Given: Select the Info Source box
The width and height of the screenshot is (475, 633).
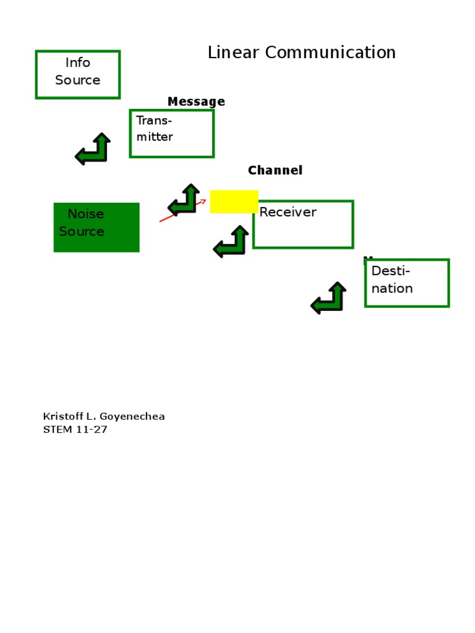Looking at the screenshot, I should pos(77,75).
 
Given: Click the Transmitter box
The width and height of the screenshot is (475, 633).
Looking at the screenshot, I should pos(171,134).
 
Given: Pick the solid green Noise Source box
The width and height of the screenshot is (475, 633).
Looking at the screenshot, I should pos(96,227).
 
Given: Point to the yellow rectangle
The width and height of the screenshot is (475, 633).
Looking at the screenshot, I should pos(234,202).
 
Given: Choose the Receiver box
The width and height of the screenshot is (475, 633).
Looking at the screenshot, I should pos(303,224).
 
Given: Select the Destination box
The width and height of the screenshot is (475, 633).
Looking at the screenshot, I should pos(406,283).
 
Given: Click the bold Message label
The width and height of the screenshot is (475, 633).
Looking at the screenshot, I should pos(196,102).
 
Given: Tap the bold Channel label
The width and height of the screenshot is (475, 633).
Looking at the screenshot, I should pos(275,171).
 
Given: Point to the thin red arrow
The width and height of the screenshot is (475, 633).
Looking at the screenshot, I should pos(183,210).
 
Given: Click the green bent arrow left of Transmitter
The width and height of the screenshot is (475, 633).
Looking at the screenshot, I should pos(93,150).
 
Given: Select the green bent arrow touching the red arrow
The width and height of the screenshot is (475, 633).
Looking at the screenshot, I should pos(184,200).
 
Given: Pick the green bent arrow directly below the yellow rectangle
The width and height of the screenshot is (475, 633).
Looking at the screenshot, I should pos(231,242).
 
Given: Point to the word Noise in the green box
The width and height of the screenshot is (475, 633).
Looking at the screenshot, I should pos(85,215).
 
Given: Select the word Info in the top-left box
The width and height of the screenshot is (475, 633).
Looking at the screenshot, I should pos(78,63).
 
